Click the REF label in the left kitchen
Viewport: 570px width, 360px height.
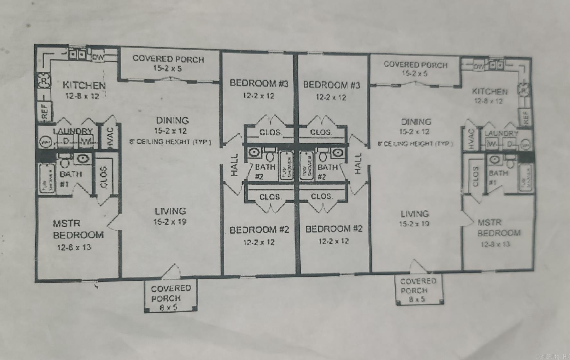[x=45, y=111]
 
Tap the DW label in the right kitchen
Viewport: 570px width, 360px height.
[x=479, y=67]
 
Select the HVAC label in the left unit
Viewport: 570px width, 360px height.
[x=110, y=137]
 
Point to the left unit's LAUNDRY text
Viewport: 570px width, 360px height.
[x=73, y=131]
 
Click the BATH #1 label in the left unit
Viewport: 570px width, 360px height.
[x=70, y=178]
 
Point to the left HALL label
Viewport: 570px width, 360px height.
[x=234, y=164]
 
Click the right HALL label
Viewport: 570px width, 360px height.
[x=358, y=164]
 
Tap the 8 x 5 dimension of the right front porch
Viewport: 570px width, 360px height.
[x=416, y=299]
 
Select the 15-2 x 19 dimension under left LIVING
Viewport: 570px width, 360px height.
[x=170, y=222]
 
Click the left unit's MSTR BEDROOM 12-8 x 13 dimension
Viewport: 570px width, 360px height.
[x=74, y=247]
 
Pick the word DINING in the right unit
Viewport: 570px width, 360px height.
[x=416, y=122]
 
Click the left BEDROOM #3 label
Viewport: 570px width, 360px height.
[x=259, y=83]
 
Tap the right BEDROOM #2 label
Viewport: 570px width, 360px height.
[x=334, y=229]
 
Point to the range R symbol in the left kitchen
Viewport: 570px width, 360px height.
[x=44, y=81]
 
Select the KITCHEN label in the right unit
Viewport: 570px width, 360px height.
[x=490, y=92]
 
